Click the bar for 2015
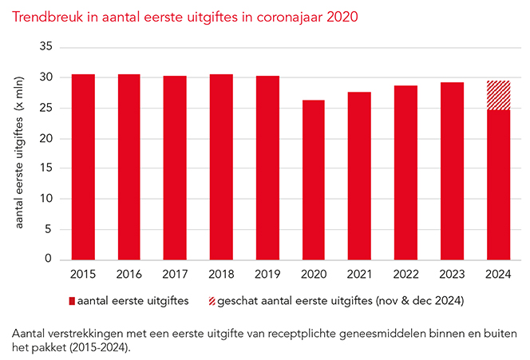(x=84, y=167)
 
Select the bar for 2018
(x=221, y=167)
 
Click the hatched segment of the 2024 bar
(x=498, y=95)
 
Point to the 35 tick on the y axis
(x=45, y=48)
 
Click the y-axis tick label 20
(x=45, y=139)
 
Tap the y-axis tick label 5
(x=49, y=229)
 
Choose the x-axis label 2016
(x=129, y=274)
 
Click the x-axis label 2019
(x=267, y=274)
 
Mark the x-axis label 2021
(x=359, y=274)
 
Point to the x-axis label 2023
(x=452, y=274)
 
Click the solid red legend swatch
(x=72, y=301)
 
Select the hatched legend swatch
(x=233, y=301)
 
